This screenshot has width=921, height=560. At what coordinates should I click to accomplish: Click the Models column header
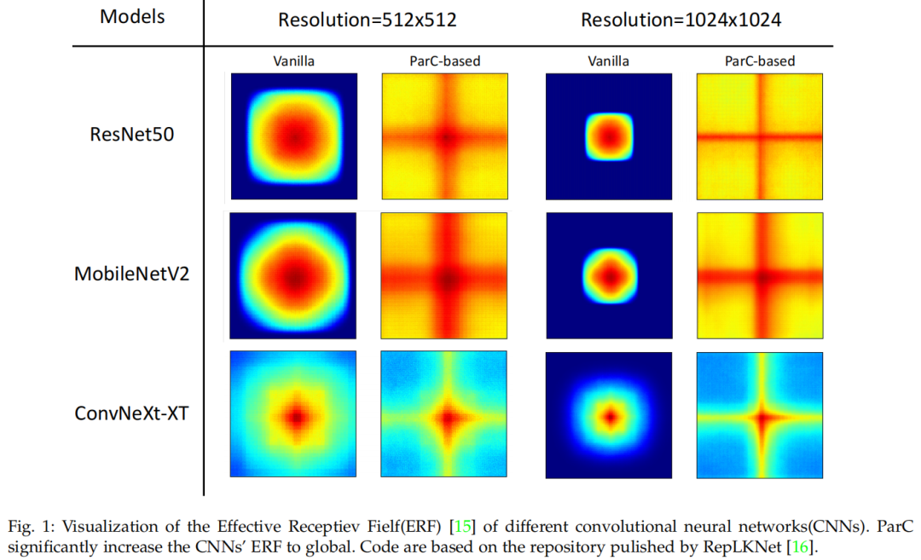pos(131,18)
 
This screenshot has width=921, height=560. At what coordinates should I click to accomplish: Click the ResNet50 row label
pos(132,134)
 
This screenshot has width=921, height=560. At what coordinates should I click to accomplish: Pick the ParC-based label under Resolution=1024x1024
pos(759,61)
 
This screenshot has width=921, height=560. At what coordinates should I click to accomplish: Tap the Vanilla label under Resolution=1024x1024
pos(608,61)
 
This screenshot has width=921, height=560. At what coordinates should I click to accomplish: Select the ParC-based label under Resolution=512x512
pos(444,61)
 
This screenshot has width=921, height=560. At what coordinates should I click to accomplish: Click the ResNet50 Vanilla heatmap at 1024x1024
pos(609,136)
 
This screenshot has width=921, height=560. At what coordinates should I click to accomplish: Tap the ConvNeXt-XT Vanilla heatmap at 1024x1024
pos(609,415)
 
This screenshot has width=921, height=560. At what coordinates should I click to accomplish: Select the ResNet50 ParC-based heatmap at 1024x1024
pos(759,136)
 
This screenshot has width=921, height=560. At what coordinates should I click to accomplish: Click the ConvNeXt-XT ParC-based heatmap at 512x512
pos(444,415)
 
